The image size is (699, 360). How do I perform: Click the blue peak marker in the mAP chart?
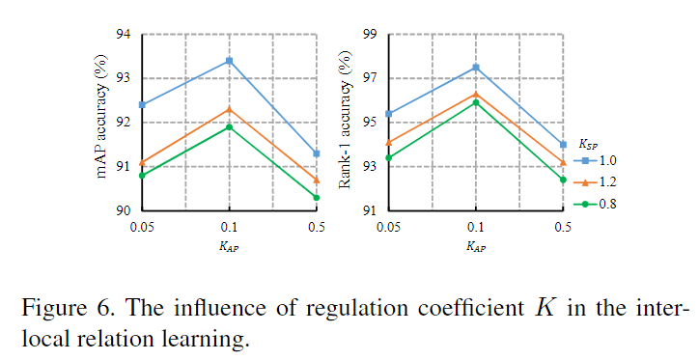click(229, 61)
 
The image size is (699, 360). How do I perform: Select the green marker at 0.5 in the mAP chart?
click(317, 198)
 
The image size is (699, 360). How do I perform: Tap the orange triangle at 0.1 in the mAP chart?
click(229, 109)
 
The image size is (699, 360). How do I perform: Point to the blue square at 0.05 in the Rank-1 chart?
click(389, 114)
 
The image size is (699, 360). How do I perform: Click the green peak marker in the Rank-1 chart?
click(476, 102)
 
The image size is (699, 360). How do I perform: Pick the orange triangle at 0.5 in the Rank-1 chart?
click(563, 162)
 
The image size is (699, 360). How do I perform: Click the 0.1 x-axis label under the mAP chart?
click(229, 227)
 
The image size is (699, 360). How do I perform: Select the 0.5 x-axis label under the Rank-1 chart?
click(563, 227)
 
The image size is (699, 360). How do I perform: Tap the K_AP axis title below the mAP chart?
click(229, 247)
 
